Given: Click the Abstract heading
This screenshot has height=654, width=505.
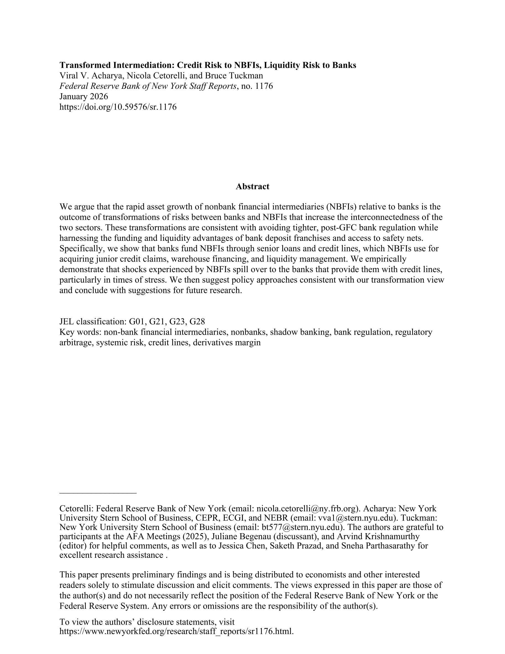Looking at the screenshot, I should pyautogui.click(x=252, y=187).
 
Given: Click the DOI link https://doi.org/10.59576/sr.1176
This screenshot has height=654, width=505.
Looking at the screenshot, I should pyautogui.click(x=118, y=107).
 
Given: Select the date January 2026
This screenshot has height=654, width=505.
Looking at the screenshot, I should pyautogui.click(x=83, y=97).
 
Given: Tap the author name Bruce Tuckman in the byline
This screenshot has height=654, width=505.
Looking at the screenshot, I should pyautogui.click(x=234, y=75).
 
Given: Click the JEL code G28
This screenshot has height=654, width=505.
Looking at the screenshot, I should pyautogui.click(x=197, y=322).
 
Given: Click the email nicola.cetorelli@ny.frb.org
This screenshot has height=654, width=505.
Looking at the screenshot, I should pyautogui.click(x=306, y=509).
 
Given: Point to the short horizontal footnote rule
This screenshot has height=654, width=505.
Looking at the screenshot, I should pyautogui.click(x=98, y=493).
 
